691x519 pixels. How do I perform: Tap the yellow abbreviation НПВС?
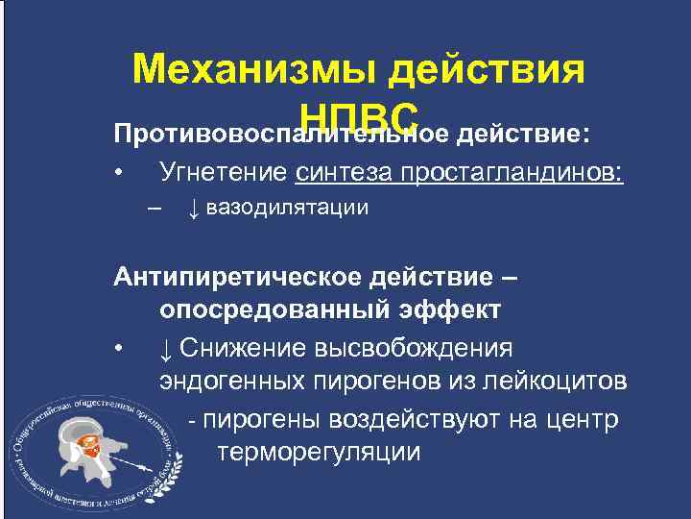click(x=359, y=114)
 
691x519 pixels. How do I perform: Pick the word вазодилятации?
click(x=287, y=208)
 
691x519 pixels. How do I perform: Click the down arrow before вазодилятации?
click(x=192, y=208)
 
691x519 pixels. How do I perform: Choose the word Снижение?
click(x=244, y=347)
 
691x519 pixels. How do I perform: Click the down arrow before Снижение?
click(x=166, y=347)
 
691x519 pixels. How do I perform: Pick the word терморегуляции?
click(x=319, y=453)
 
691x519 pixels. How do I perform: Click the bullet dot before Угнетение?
click(x=117, y=174)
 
